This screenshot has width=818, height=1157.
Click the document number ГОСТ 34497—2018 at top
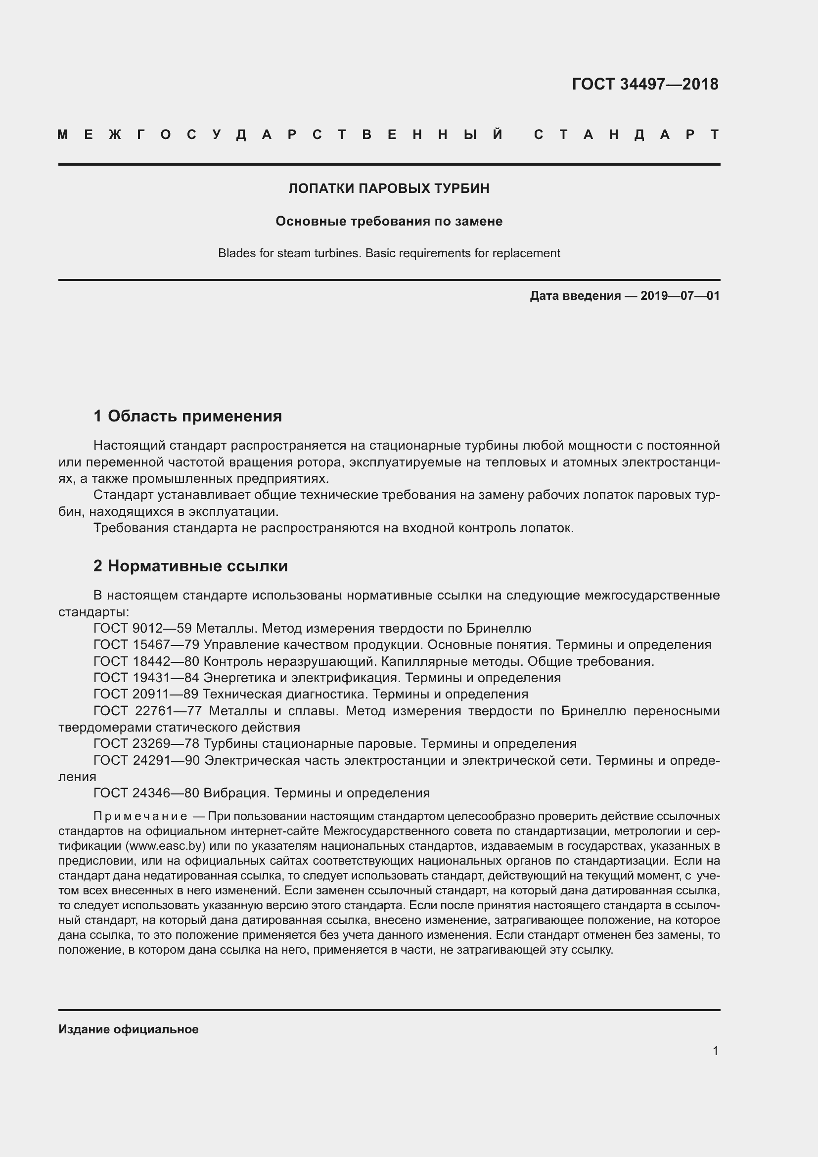click(x=645, y=84)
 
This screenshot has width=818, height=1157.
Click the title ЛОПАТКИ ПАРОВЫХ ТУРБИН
click(x=389, y=188)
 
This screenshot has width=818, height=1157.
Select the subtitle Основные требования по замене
click(x=389, y=221)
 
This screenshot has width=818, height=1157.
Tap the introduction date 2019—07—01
click(x=680, y=296)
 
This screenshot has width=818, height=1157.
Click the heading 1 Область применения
click(x=187, y=416)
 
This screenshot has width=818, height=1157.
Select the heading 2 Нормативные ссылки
click(x=190, y=566)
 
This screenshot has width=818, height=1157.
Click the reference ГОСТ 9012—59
click(x=142, y=628)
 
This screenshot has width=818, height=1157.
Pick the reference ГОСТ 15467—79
click(x=146, y=645)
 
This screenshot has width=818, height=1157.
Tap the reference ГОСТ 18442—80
click(x=146, y=661)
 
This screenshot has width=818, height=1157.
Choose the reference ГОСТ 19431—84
click(x=146, y=678)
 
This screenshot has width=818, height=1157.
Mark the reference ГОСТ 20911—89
click(x=146, y=694)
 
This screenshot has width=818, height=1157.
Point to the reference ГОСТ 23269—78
click(x=146, y=744)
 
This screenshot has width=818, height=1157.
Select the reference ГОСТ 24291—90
click(x=146, y=760)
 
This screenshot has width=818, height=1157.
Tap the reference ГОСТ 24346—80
click(x=146, y=793)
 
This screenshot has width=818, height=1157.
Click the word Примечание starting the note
click(x=140, y=816)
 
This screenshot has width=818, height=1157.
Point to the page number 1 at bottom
click(x=715, y=1051)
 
